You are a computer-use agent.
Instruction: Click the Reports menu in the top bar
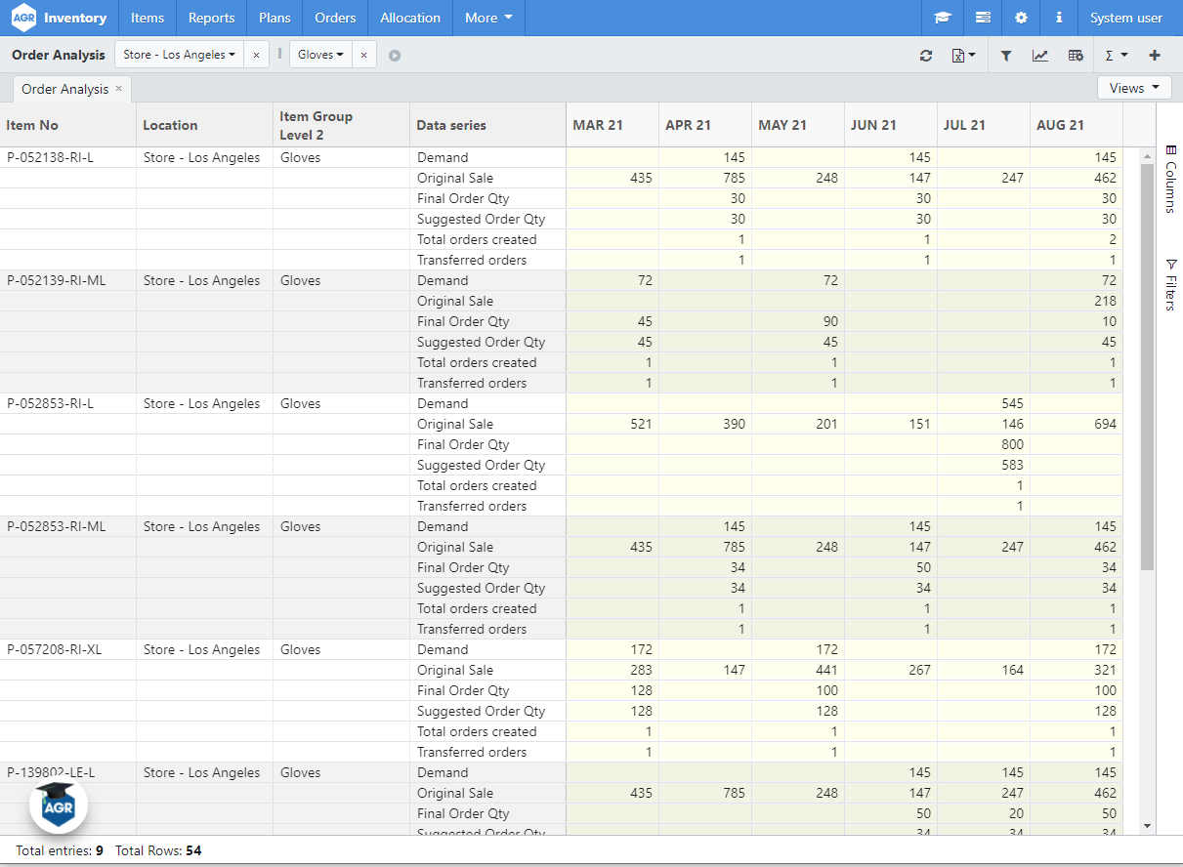click(x=211, y=18)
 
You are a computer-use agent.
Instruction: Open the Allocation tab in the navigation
click(x=410, y=18)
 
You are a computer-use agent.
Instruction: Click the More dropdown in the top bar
click(x=488, y=18)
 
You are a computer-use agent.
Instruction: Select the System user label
click(x=1125, y=18)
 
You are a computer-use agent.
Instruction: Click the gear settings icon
click(x=1021, y=18)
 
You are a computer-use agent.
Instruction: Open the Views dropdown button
click(x=1134, y=88)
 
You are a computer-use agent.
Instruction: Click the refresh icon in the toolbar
click(x=926, y=56)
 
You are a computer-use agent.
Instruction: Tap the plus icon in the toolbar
click(x=1155, y=56)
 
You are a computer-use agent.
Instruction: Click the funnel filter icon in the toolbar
click(x=1006, y=56)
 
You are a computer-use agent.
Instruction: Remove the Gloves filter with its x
click(x=363, y=56)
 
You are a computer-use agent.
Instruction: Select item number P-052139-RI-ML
click(x=57, y=280)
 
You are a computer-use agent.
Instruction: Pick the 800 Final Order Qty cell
click(x=1012, y=444)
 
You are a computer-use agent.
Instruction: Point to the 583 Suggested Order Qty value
click(x=1012, y=465)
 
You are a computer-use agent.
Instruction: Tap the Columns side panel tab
click(x=1170, y=180)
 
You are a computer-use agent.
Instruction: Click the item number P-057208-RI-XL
click(x=55, y=649)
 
